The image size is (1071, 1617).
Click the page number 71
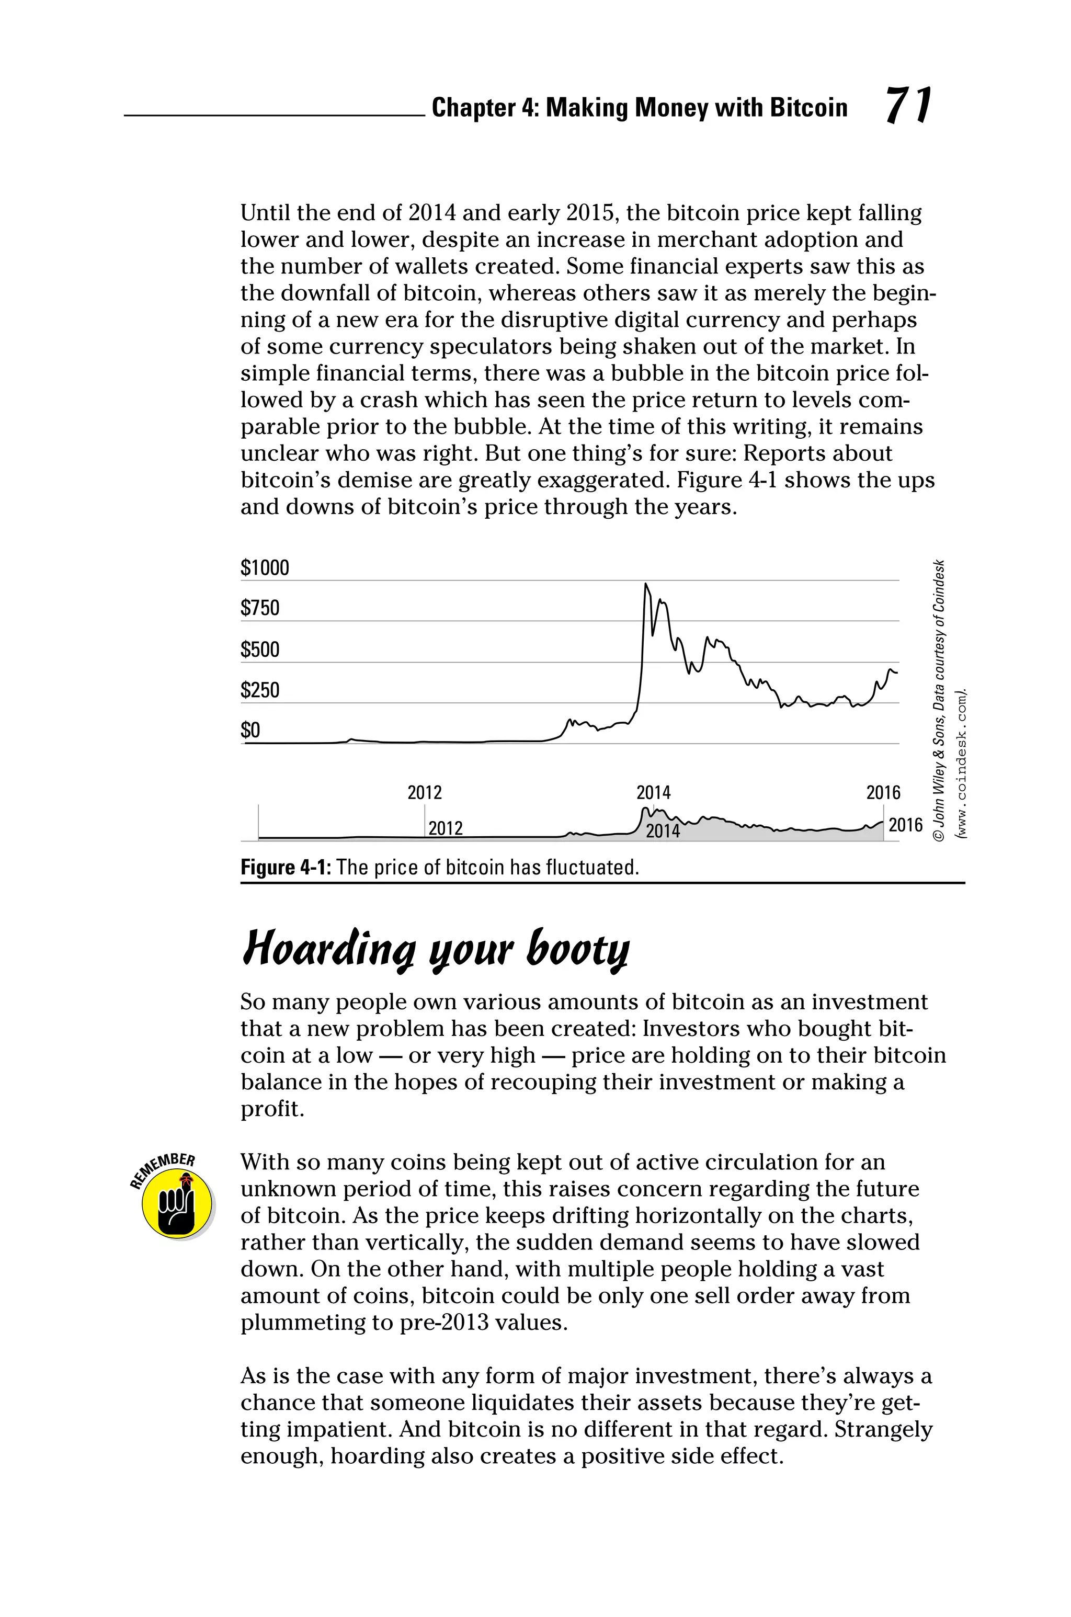(908, 106)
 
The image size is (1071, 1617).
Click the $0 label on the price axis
(250, 731)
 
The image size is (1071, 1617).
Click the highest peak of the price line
(645, 585)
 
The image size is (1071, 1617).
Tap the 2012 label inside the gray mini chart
(446, 828)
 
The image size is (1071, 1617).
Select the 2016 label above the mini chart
(883, 793)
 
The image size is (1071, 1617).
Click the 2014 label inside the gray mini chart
(663, 831)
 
